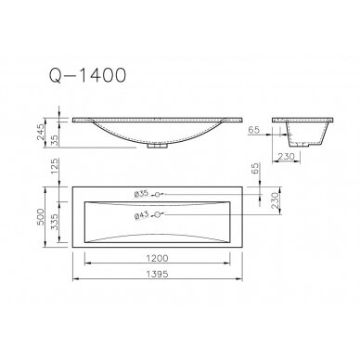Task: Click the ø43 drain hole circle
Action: (x=159, y=214)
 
